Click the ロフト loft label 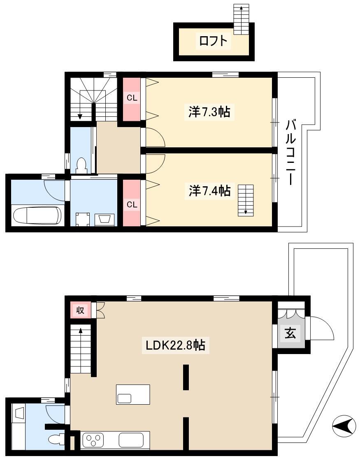[x=214, y=41]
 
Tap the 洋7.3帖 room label [x=209, y=112]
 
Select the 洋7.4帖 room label [x=209, y=191]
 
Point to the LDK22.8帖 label [x=175, y=345]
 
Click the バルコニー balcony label [x=290, y=152]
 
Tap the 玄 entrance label [x=290, y=333]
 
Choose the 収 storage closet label [x=80, y=310]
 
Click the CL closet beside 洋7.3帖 [x=132, y=98]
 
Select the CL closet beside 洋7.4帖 [x=132, y=204]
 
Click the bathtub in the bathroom [x=38, y=215]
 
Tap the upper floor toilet [x=81, y=166]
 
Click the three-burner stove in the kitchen [x=93, y=440]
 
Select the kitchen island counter [x=133, y=394]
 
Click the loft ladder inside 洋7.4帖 [x=246, y=200]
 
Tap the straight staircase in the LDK [x=80, y=349]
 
